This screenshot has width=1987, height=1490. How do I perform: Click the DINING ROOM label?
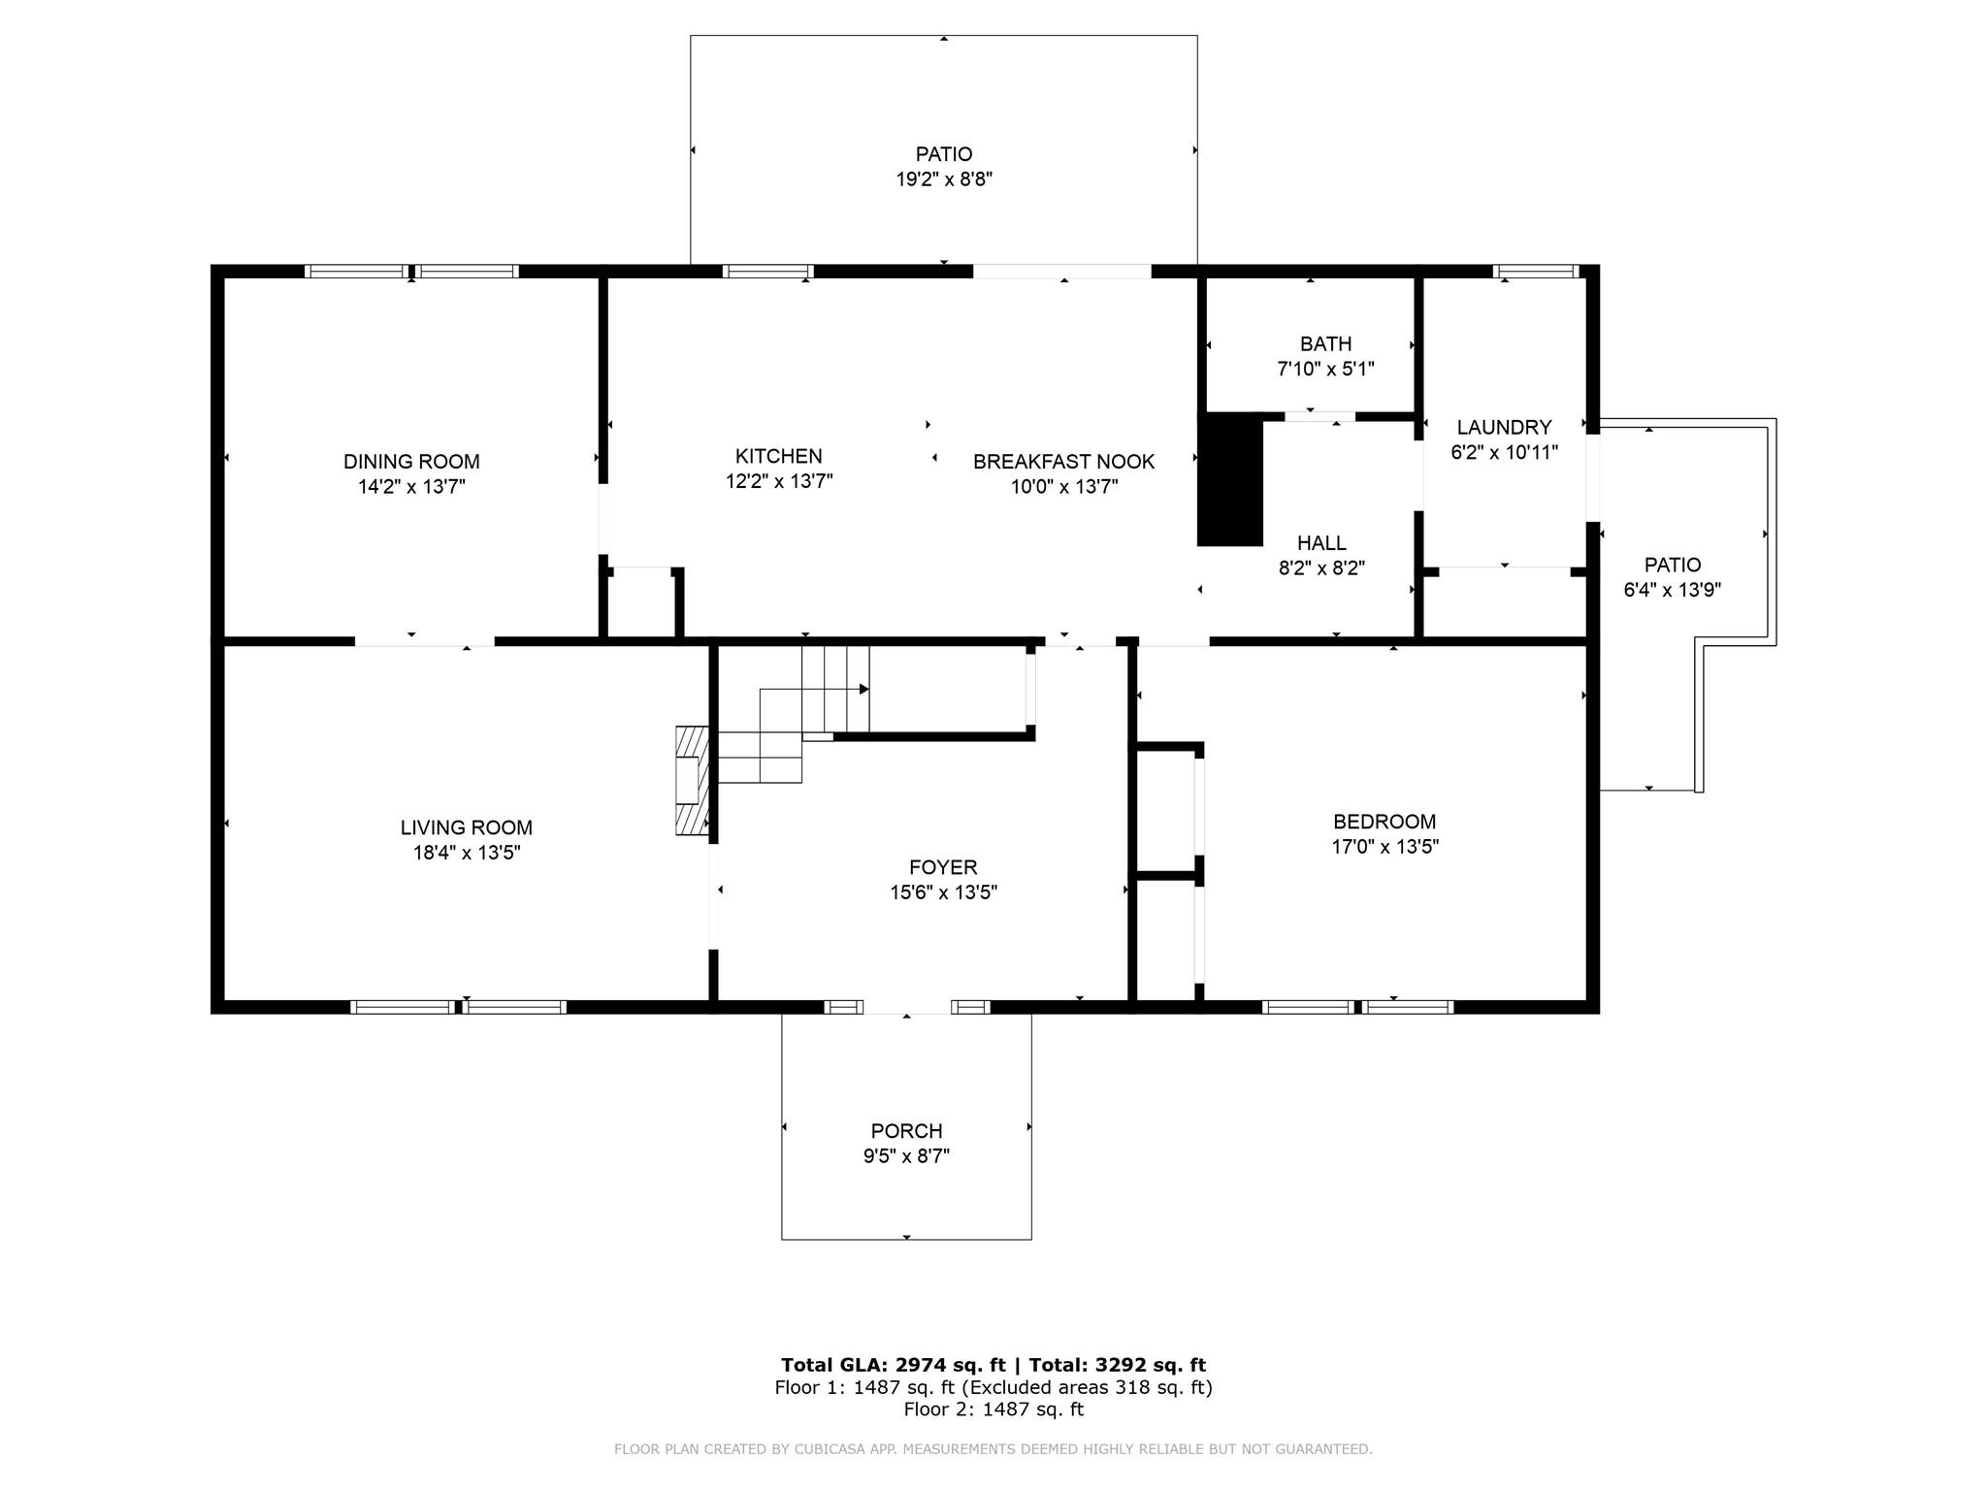coord(411,462)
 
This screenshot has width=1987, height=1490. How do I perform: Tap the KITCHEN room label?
coord(778,456)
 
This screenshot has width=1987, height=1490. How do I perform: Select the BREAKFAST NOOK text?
coord(1063,462)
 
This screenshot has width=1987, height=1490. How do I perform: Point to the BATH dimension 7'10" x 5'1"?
coord(1325,370)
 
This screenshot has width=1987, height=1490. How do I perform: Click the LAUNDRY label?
coord(1504,427)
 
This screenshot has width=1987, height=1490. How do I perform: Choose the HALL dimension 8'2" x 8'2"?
coord(1321,568)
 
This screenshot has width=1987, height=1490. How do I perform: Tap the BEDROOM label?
coord(1384,822)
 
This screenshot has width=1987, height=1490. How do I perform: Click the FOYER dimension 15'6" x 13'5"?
coord(943,892)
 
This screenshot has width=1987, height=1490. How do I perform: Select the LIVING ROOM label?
coord(466,827)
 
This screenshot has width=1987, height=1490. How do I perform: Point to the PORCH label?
coord(906,1131)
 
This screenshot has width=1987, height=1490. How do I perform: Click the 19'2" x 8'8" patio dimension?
coord(943,179)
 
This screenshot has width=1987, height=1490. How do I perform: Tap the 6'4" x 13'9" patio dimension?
coord(1672,590)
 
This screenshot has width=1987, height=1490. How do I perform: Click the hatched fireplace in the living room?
coord(692,780)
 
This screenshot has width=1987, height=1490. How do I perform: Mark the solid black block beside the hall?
coord(1230,480)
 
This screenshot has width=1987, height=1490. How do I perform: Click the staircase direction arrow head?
coord(863,690)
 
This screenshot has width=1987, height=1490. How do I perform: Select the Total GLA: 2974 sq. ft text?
coord(893,1365)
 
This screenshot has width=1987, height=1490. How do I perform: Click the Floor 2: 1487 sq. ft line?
coord(993,1409)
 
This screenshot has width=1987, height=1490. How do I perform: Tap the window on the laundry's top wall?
coord(1535,272)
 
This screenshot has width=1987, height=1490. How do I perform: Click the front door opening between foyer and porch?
coord(906,1007)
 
